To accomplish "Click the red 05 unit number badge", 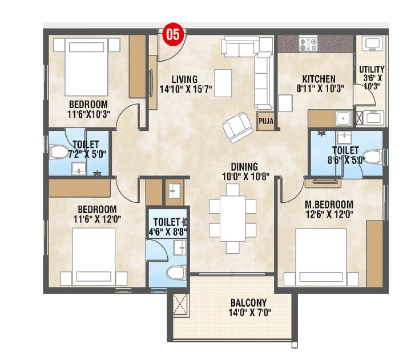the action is [173, 34].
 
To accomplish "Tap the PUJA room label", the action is [266, 121].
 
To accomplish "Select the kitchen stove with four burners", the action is [308, 44].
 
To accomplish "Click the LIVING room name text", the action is [184, 79].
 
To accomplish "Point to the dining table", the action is [233, 218].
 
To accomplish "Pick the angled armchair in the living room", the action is [237, 127].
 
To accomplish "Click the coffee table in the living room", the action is [223, 83].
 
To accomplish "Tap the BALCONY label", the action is [249, 303].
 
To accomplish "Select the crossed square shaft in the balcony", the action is [180, 304].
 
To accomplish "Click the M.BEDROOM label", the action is [329, 205].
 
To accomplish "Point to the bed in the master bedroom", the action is [321, 257].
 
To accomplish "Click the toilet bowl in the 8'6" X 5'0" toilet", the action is [373, 157].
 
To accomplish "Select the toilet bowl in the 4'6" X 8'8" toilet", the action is [177, 273].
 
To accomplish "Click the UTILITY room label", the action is [372, 70].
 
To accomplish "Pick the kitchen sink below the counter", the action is [343, 118].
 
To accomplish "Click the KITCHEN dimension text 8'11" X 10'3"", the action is [320, 89].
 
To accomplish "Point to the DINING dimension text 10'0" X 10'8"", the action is [245, 177].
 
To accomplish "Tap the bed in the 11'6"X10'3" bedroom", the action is [87, 67].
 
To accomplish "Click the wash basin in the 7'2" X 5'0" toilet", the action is [79, 169].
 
